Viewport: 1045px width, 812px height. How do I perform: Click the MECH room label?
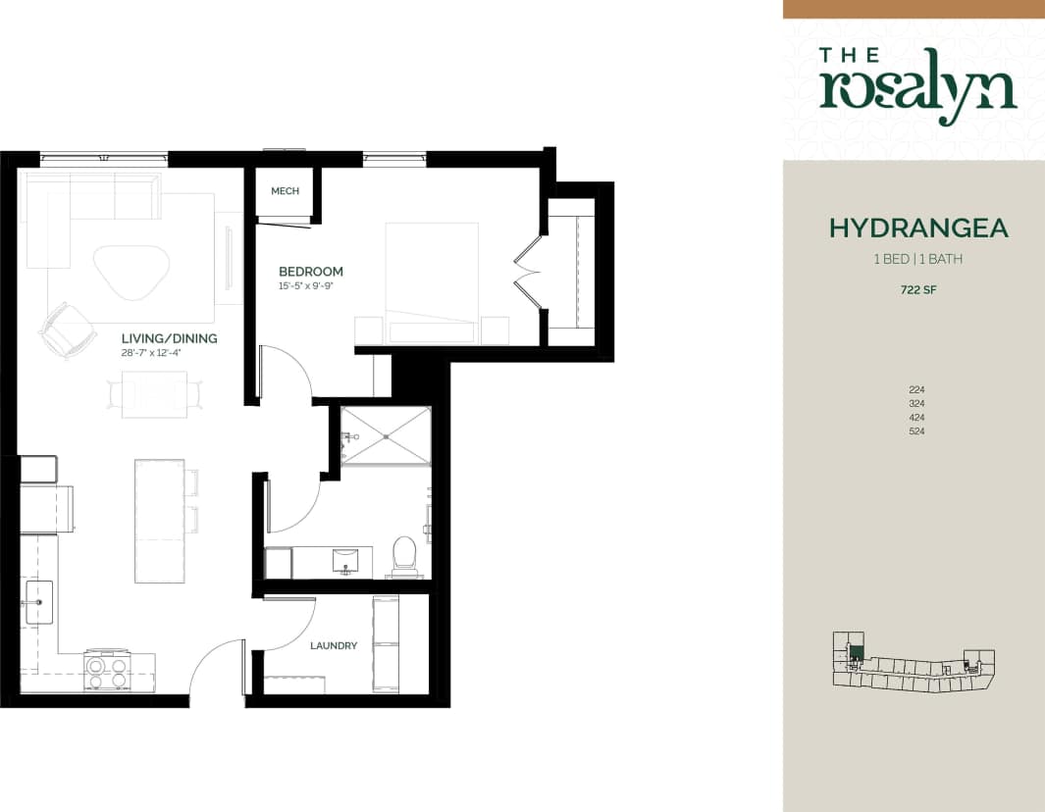coord(285,191)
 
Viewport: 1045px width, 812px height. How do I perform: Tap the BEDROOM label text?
coord(311,272)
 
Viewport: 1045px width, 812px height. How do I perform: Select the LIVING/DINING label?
coord(170,338)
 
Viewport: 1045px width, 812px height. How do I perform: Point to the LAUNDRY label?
coord(334,645)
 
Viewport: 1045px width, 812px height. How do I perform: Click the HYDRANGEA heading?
coord(918,228)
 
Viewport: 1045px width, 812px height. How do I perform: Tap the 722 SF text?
coord(917,289)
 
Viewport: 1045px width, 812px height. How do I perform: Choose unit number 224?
coord(917,389)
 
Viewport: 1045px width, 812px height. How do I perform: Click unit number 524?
coord(917,431)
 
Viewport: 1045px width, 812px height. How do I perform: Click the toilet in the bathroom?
coord(404,556)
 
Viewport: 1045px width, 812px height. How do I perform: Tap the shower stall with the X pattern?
coord(385,436)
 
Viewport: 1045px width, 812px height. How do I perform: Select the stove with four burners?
coord(107,672)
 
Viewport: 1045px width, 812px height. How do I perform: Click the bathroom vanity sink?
coord(345,561)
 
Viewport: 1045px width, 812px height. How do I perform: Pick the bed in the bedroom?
coord(432,279)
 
